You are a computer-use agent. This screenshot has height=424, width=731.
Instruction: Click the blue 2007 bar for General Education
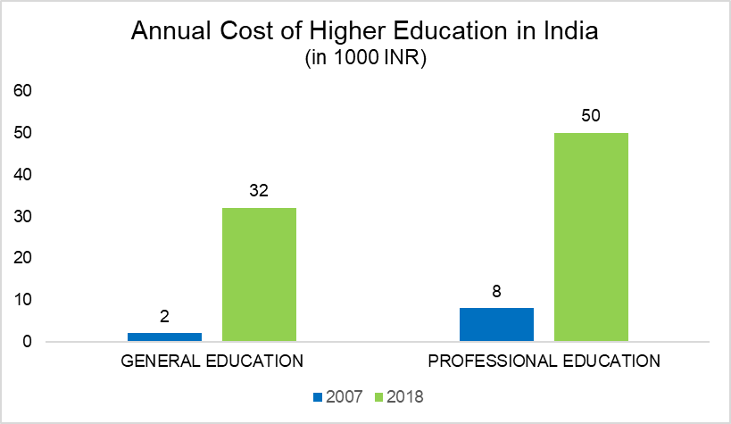click(164, 337)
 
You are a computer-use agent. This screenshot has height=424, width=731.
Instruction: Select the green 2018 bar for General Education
click(259, 274)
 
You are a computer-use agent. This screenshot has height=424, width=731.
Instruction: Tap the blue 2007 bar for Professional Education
click(496, 324)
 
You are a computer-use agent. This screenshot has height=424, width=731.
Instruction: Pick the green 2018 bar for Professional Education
click(591, 237)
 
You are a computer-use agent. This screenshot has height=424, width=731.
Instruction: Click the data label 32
click(259, 191)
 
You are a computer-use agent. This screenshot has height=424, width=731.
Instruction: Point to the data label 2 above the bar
click(164, 316)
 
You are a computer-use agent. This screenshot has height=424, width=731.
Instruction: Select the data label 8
click(496, 291)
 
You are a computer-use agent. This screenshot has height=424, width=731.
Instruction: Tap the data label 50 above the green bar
click(591, 116)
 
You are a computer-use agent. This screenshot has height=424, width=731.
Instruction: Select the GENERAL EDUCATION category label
click(212, 362)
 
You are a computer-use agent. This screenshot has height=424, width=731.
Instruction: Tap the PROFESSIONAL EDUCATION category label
click(544, 362)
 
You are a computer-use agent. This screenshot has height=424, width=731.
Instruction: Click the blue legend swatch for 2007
click(319, 395)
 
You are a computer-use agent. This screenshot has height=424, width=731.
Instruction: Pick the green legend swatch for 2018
click(377, 395)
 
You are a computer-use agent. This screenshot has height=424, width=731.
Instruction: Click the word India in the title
click(567, 31)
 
